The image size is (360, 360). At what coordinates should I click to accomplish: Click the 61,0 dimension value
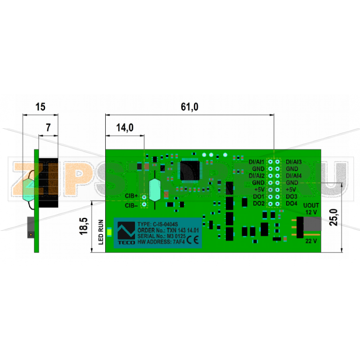tap(189, 107)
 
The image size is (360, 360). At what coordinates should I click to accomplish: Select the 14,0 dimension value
tap(125, 128)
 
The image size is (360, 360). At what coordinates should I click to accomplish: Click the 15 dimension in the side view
tap(40, 107)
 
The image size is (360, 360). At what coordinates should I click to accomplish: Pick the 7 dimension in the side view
tap(48, 128)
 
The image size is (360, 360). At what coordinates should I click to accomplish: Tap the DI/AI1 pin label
tap(256, 162)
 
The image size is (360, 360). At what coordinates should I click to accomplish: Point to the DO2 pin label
tap(258, 203)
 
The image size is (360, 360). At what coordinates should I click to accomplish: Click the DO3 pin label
tap(291, 197)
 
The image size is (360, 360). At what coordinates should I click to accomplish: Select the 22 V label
tap(311, 241)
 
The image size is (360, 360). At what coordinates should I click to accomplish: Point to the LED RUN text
tap(101, 232)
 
